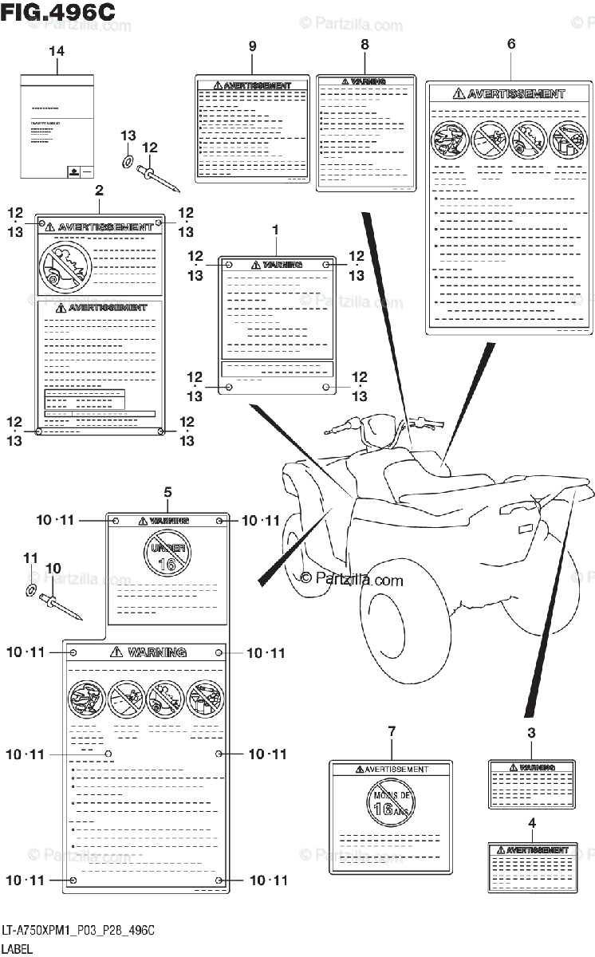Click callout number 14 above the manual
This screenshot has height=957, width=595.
click(57, 52)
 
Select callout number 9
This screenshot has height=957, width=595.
click(252, 46)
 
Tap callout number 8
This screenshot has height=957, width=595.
click(364, 45)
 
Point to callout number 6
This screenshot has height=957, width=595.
click(511, 45)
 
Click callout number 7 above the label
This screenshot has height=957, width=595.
click(392, 731)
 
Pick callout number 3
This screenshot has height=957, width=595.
click(531, 734)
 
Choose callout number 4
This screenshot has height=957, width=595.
click(531, 822)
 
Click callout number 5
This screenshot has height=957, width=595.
click(168, 492)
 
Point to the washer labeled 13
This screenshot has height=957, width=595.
click(128, 162)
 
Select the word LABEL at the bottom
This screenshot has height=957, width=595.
click(18, 948)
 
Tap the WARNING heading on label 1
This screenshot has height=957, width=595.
click(276, 264)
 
